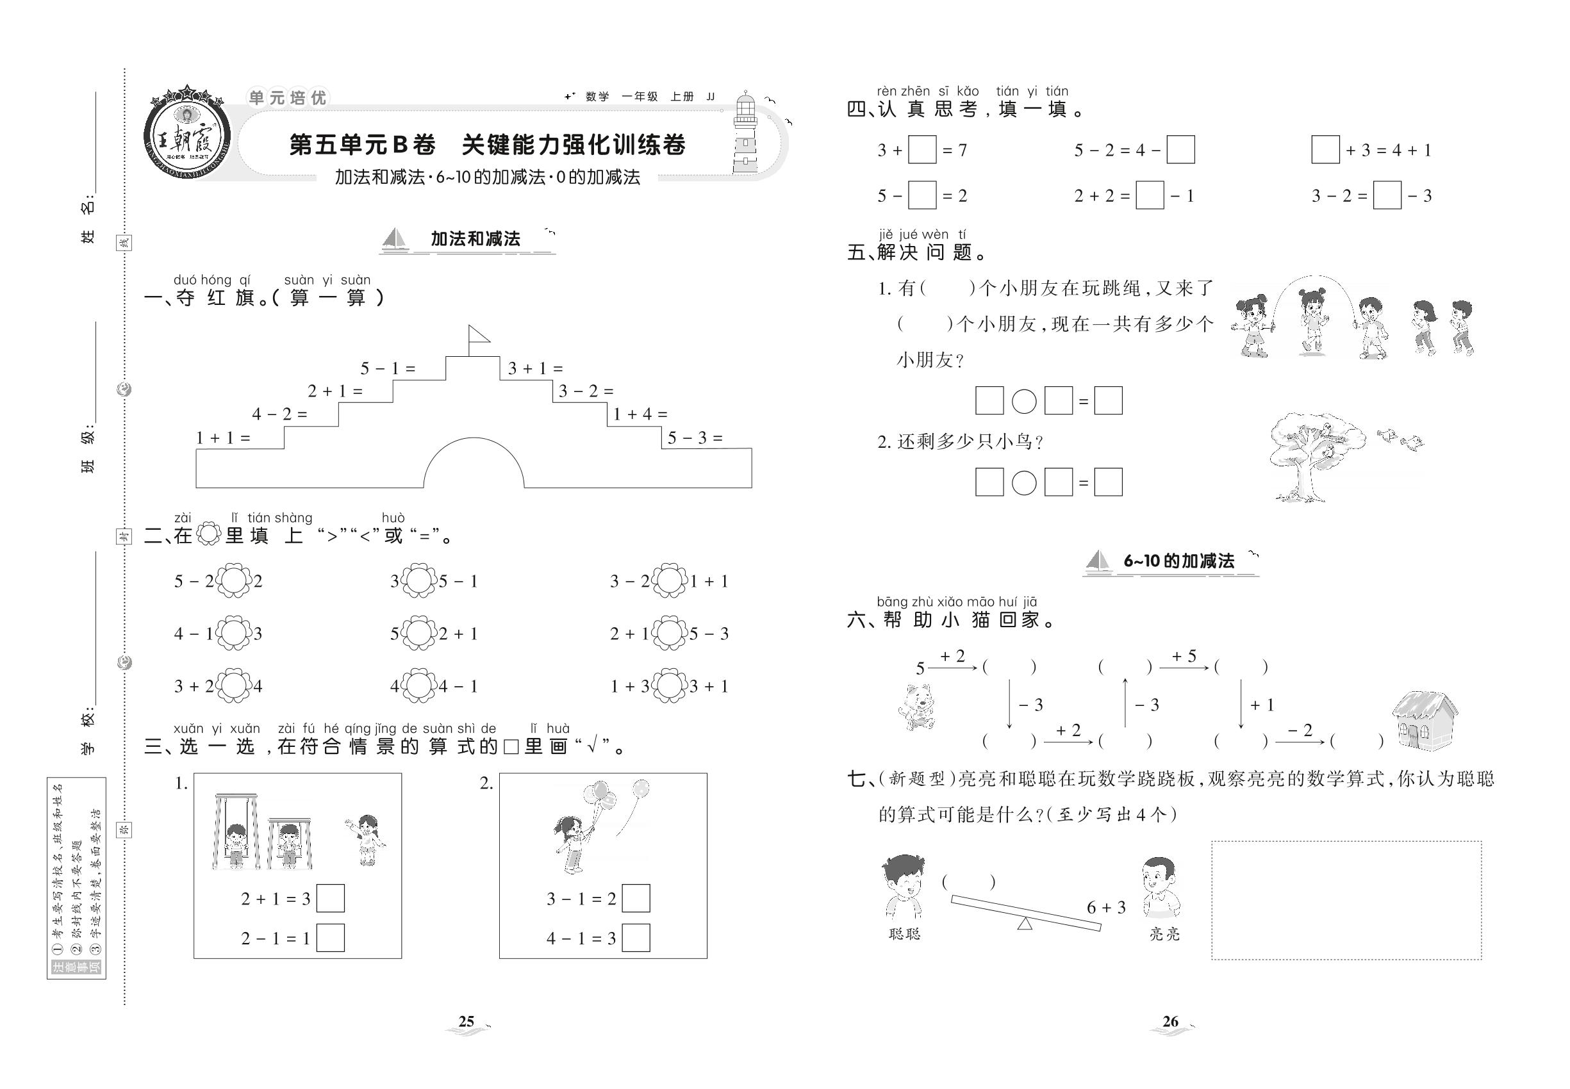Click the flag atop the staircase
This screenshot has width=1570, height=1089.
pyautogui.click(x=478, y=336)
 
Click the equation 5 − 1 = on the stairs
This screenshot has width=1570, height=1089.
pyautogui.click(x=388, y=368)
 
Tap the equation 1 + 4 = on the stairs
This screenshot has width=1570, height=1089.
pyautogui.click(x=640, y=414)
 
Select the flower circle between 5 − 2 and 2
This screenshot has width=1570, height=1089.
pyautogui.click(x=234, y=582)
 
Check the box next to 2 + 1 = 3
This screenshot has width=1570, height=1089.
pyautogui.click(x=331, y=899)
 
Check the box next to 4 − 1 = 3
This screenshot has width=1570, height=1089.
pyautogui.click(x=636, y=938)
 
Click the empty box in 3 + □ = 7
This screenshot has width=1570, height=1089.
pyautogui.click(x=922, y=150)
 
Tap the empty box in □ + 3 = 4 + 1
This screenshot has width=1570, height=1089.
pyautogui.click(x=1325, y=150)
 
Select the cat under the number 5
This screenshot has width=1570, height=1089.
pyautogui.click(x=917, y=708)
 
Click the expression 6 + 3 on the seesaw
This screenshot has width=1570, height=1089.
pyautogui.click(x=1106, y=908)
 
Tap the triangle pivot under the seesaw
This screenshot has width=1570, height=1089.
pyautogui.click(x=1024, y=923)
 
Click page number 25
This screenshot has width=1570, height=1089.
pyautogui.click(x=467, y=1022)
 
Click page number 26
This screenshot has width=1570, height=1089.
pyautogui.click(x=1170, y=1022)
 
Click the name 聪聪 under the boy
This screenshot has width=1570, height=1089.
pyautogui.click(x=904, y=934)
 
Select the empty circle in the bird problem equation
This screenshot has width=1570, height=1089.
pyautogui.click(x=1023, y=483)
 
